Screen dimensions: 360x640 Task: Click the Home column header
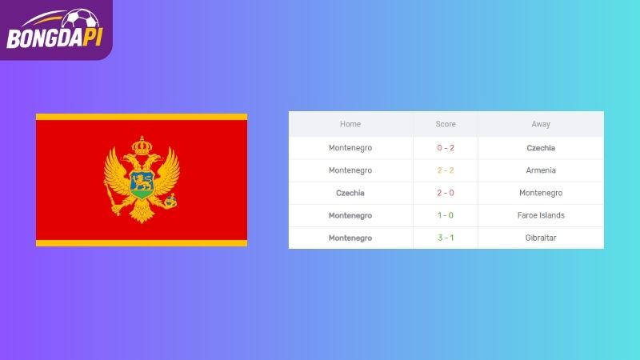click(x=350, y=124)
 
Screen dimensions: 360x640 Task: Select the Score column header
click(x=446, y=124)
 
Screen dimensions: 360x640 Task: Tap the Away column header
click(x=541, y=124)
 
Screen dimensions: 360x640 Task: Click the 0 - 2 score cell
click(x=446, y=148)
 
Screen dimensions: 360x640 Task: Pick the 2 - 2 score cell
click(x=446, y=170)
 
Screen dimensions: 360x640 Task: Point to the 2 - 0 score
click(x=446, y=193)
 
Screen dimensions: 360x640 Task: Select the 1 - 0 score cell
click(x=446, y=215)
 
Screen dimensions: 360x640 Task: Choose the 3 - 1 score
click(x=446, y=238)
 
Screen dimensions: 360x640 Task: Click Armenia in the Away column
click(x=541, y=170)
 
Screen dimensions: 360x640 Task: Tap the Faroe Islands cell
click(x=541, y=215)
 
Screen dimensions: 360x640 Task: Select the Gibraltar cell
click(x=541, y=238)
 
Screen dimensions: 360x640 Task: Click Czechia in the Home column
click(x=350, y=193)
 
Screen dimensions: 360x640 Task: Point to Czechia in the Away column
click(x=541, y=148)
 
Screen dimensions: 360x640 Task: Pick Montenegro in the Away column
click(x=541, y=193)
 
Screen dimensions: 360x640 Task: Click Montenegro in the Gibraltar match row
click(x=350, y=238)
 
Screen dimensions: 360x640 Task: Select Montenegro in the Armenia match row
click(x=350, y=170)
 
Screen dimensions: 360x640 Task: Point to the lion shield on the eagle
click(x=142, y=185)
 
